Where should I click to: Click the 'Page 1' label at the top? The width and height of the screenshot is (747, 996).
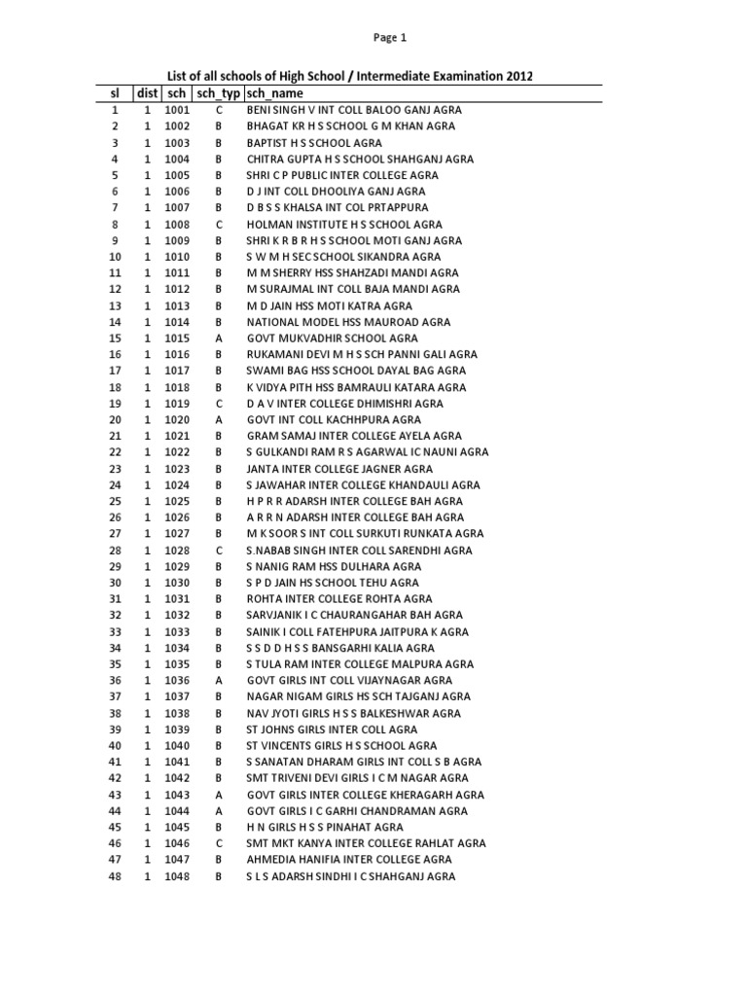click(389, 38)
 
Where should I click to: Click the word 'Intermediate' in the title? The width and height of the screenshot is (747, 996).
click(380, 76)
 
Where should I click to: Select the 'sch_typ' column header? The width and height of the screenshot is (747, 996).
click(218, 93)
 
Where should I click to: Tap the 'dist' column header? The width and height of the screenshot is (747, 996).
click(147, 93)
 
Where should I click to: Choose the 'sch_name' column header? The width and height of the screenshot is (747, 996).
click(275, 93)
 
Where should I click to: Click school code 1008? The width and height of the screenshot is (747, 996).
click(177, 224)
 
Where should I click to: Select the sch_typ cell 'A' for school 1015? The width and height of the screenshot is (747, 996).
click(219, 338)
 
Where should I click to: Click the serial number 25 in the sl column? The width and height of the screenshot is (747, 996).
click(115, 501)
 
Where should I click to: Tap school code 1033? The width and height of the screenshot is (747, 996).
click(177, 631)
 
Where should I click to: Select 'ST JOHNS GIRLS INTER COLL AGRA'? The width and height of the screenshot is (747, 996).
click(332, 729)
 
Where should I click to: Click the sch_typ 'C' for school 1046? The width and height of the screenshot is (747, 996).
click(219, 843)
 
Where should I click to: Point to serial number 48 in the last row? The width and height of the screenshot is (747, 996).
click(115, 876)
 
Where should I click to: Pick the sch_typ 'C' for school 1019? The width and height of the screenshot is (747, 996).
click(219, 403)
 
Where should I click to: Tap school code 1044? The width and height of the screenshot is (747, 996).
click(177, 811)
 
